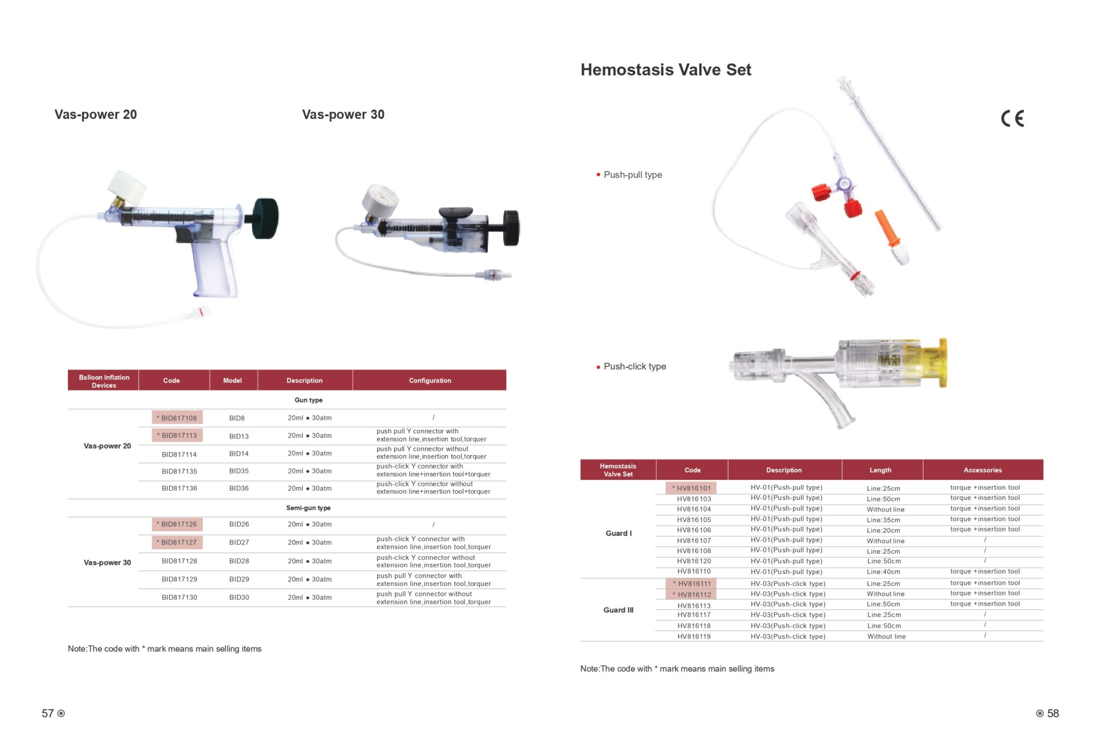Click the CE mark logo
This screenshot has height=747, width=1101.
click(x=1012, y=118)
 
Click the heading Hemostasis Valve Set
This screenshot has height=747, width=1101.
click(x=666, y=70)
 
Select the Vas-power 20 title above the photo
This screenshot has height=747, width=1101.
click(x=96, y=114)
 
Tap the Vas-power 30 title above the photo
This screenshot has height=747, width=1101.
click(x=343, y=114)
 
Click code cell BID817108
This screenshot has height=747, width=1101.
click(x=177, y=418)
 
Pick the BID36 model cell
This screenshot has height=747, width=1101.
click(x=239, y=489)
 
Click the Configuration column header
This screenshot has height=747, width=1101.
click(x=430, y=380)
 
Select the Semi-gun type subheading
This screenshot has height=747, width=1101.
click(x=308, y=508)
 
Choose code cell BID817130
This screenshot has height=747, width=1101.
click(x=180, y=598)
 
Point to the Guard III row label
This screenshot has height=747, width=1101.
click(x=618, y=610)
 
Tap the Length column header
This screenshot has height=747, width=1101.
click(x=881, y=470)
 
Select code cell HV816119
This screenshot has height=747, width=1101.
click(x=694, y=637)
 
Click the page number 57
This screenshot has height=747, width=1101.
click(x=48, y=714)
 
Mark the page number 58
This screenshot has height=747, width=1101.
click(x=1053, y=714)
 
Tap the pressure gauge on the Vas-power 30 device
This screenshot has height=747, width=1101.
click(x=380, y=201)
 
